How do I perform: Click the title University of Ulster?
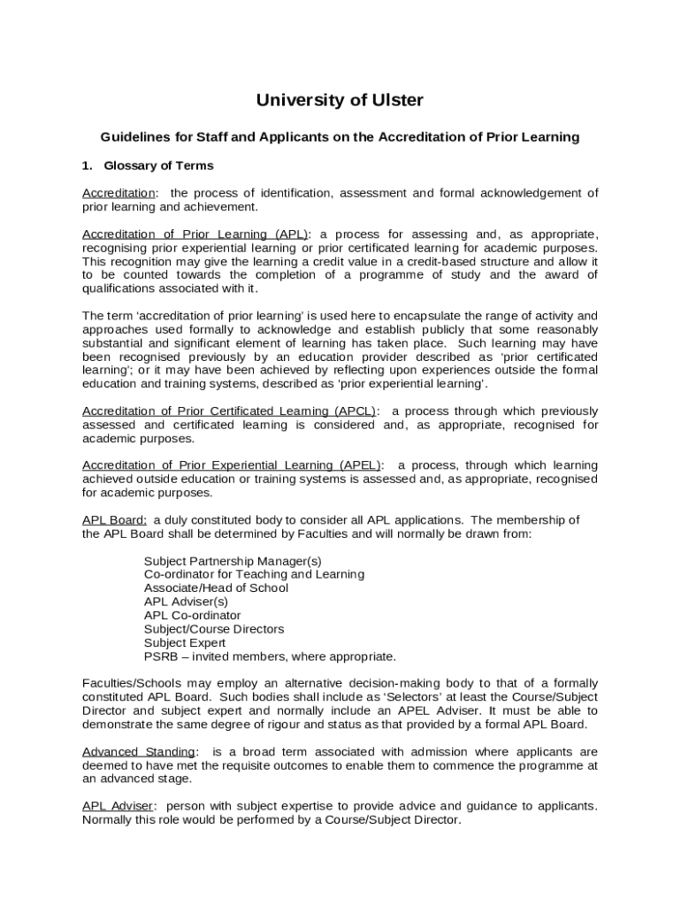pyautogui.click(x=340, y=101)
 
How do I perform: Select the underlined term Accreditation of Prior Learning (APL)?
pyautogui.click(x=195, y=234)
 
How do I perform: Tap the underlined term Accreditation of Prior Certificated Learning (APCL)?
pyautogui.click(x=229, y=411)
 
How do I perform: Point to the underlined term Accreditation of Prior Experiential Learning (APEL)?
pyautogui.click(x=232, y=465)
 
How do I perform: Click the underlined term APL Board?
pyautogui.click(x=114, y=519)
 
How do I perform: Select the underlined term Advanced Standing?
pyautogui.click(x=138, y=752)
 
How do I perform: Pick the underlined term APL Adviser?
pyautogui.click(x=119, y=806)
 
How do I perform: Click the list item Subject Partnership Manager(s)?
pyautogui.click(x=233, y=561)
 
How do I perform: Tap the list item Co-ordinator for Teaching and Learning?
pyautogui.click(x=254, y=574)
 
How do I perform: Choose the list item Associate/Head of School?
pyautogui.click(x=216, y=587)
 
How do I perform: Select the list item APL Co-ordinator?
pyautogui.click(x=192, y=615)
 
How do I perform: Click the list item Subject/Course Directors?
pyautogui.click(x=214, y=629)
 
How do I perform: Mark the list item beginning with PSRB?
pyautogui.click(x=270, y=656)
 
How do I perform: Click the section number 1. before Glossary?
pyautogui.click(x=88, y=165)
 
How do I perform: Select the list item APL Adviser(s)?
pyautogui.click(x=186, y=602)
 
